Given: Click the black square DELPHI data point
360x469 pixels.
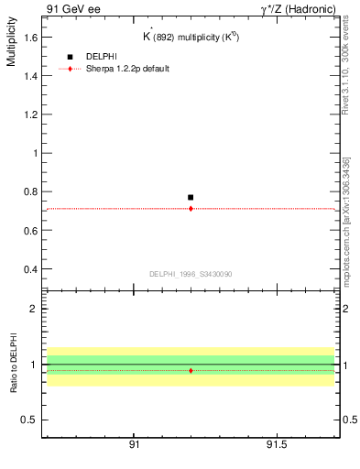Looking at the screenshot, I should click(x=191, y=197).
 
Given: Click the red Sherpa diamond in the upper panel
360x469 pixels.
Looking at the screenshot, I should click(x=191, y=209).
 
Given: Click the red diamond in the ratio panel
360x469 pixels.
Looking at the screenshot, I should click(x=191, y=370).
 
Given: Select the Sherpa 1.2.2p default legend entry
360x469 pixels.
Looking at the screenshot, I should click(x=125, y=69).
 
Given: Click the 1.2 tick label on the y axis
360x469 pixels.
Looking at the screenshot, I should click(x=31, y=115).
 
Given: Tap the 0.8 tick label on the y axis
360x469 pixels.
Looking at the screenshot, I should click(x=31, y=192).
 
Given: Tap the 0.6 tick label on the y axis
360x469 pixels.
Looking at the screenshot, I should click(x=31, y=231).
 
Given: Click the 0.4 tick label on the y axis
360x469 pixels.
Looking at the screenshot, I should click(x=31, y=269).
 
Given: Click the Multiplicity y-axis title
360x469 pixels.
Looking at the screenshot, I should click(x=11, y=47).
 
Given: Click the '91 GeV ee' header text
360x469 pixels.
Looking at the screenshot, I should click(x=72, y=8).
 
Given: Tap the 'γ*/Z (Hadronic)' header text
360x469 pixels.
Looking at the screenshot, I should click(x=299, y=8).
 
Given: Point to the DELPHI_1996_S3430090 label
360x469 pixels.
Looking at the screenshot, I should click(x=191, y=274).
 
